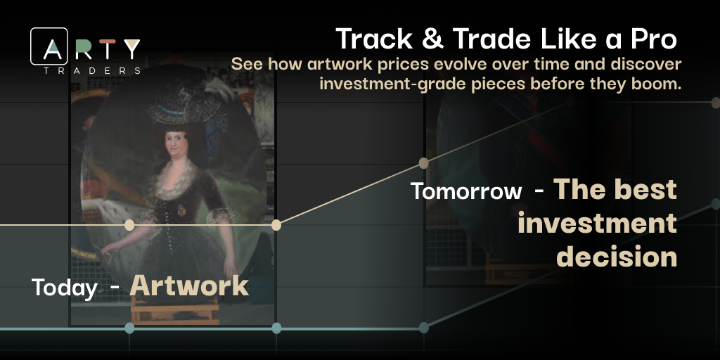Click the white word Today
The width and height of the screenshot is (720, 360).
64,288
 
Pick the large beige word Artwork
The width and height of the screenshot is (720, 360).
189,285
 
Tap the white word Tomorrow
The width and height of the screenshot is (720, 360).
466,191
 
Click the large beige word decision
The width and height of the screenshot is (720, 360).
617,257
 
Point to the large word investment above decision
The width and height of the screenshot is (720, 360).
597,224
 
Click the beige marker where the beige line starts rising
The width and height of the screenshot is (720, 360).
276,225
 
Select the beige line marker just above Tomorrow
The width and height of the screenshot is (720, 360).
423,163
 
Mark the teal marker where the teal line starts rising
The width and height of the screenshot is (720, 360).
423,328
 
